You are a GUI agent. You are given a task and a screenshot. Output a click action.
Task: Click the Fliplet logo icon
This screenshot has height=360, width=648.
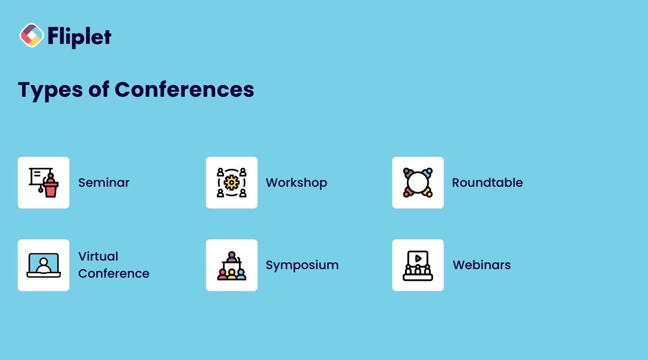[31, 35]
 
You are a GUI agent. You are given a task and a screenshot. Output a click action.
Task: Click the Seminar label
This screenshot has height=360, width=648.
[104, 183]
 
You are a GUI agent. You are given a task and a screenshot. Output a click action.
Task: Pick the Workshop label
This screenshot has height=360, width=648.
[296, 183]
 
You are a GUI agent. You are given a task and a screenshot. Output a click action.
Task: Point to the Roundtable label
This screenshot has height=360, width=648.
[487, 183]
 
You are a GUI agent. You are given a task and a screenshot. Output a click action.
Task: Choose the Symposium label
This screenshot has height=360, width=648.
[302, 265]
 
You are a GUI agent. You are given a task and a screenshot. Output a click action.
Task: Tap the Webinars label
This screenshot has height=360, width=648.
[481, 265]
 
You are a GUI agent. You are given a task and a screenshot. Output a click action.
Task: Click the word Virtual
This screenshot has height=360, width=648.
[98, 256]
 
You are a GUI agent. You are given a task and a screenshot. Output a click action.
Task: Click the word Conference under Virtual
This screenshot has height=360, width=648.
[114, 274]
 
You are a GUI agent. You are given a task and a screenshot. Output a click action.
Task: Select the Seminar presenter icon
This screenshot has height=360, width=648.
[44, 183]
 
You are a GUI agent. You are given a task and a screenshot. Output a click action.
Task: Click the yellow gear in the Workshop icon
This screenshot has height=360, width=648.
[232, 183]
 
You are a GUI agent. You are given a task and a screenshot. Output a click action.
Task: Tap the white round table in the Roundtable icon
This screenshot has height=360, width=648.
[418, 183]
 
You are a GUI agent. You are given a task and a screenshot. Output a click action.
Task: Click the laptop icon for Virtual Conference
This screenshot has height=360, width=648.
[44, 265]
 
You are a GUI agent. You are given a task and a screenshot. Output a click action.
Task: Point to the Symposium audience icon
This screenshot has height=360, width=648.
[232, 274]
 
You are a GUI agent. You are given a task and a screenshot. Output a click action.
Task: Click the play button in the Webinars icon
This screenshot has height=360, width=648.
[418, 258]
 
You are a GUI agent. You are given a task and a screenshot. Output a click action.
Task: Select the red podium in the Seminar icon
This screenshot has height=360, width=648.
[51, 189]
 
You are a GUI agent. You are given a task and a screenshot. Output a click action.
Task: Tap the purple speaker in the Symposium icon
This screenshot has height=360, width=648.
[232, 256]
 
